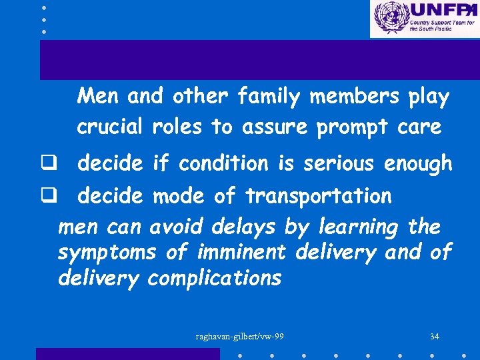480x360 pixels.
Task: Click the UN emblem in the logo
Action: [x=390, y=18]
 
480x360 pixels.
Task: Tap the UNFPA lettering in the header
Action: [x=441, y=10]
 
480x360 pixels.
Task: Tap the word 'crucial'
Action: [x=110, y=127]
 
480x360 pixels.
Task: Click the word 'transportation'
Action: [x=319, y=197]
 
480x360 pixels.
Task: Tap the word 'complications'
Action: [x=215, y=279]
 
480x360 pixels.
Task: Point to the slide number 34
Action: [x=435, y=336]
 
